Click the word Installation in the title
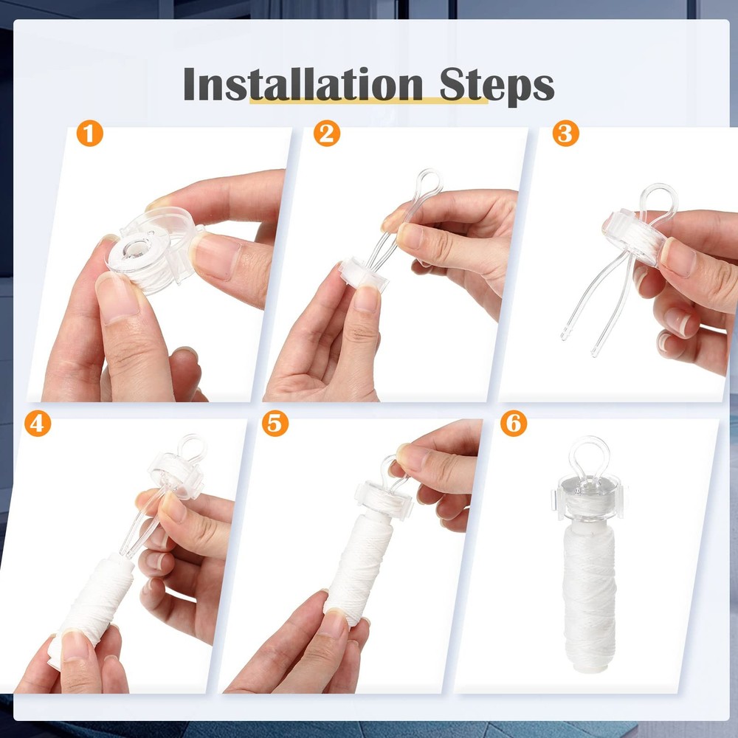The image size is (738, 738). pyautogui.click(x=303, y=84)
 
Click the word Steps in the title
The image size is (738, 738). pyautogui.click(x=497, y=86)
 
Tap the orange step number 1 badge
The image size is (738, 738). pyautogui.click(x=89, y=133)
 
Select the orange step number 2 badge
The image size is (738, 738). pyautogui.click(x=327, y=133)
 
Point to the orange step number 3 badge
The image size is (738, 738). pyautogui.click(x=565, y=133)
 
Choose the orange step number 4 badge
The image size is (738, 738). pyautogui.click(x=38, y=423)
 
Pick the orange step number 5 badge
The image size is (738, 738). pyautogui.click(x=275, y=423)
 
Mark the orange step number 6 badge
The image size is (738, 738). pyautogui.click(x=514, y=423)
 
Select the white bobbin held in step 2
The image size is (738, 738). pyautogui.click(x=363, y=275)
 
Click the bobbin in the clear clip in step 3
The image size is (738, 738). pyautogui.click(x=633, y=236)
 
